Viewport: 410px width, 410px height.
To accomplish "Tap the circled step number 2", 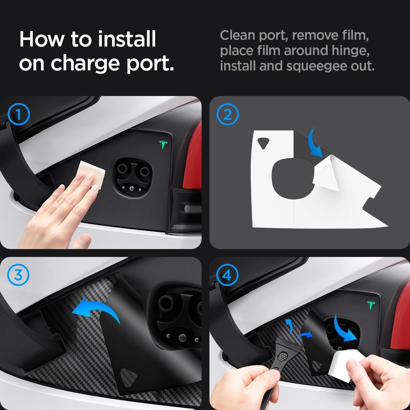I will (228, 114).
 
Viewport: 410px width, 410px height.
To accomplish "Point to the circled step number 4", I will (228, 275).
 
